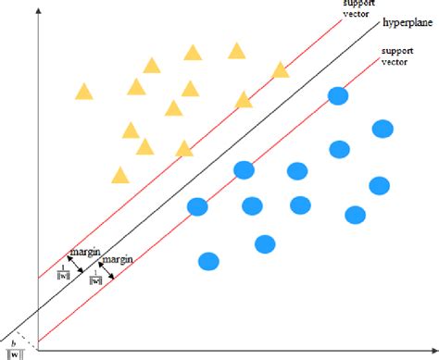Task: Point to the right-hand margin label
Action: tap(118, 260)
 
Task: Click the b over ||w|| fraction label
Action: tap(15, 346)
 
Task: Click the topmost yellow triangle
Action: tap(237, 50)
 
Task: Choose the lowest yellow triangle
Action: tap(119, 175)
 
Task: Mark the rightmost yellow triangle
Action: tap(281, 70)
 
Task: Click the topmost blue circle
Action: tap(337, 95)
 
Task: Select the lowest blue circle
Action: tap(209, 262)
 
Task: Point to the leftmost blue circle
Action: tap(196, 206)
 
